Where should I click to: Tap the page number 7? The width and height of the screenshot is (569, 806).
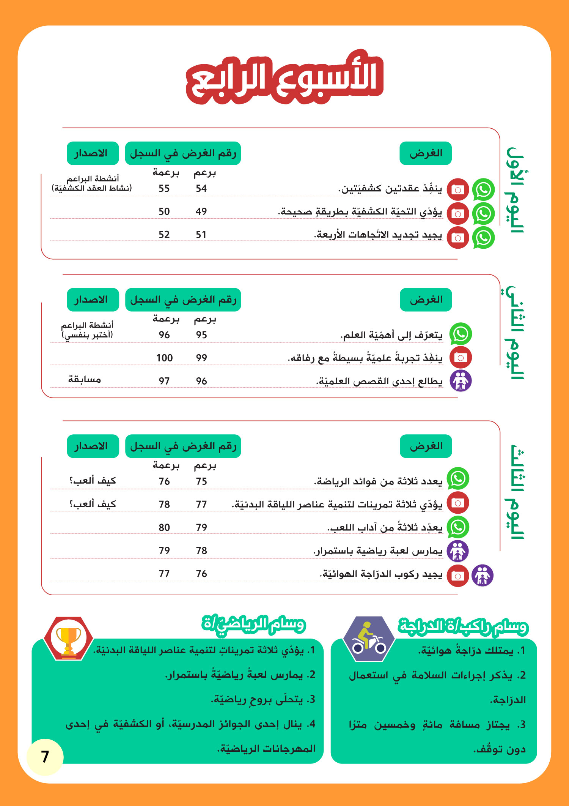tap(45, 756)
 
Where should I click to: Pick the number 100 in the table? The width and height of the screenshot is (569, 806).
tap(164, 358)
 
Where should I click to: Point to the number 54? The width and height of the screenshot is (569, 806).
tap(201, 189)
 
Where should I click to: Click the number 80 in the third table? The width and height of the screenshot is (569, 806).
tap(164, 527)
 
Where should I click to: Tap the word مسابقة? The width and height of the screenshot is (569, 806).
tap(84, 380)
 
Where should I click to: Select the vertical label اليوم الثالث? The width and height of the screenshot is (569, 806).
tap(515, 492)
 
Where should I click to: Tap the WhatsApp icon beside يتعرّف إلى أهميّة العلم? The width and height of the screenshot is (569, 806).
tap(461, 334)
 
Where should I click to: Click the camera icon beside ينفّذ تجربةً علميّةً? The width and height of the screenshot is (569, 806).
tap(461, 358)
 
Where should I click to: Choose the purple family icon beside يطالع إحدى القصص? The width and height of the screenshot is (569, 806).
tap(461, 381)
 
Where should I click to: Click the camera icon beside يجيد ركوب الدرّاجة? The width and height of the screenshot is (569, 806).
tap(458, 576)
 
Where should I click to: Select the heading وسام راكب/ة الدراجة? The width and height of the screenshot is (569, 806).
tap(463, 626)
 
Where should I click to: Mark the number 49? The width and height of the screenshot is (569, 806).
tap(201, 211)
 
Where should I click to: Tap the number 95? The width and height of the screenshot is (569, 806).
tap(201, 335)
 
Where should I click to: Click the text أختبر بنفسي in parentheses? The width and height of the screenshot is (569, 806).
tap(87, 335)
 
